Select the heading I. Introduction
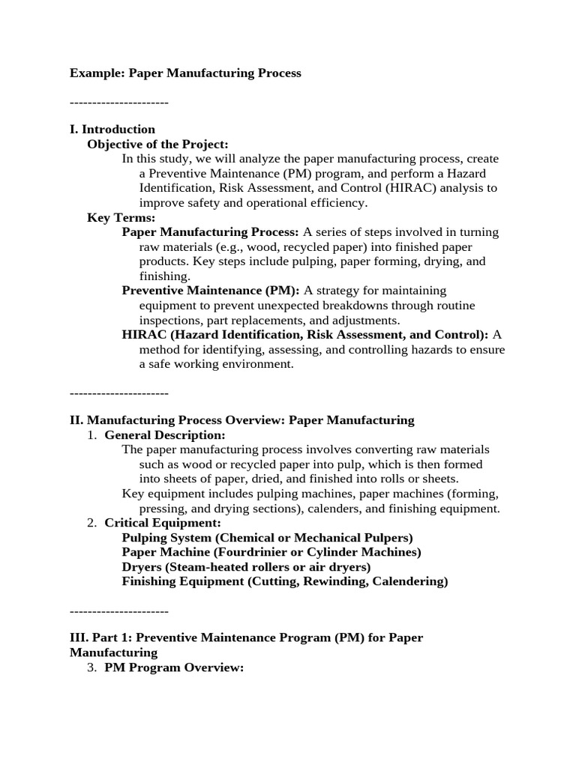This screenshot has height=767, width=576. pos(112,130)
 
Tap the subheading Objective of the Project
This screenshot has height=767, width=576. pos(157,144)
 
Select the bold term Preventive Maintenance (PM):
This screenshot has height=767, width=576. pos(211,291)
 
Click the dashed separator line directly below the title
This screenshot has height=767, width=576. pos(118,103)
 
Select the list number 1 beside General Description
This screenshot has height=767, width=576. pos(91,435)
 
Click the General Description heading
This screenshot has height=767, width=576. pos(164,435)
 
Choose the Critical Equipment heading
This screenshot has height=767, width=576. pos(163,523)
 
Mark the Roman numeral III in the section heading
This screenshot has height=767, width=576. pos(79,637)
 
